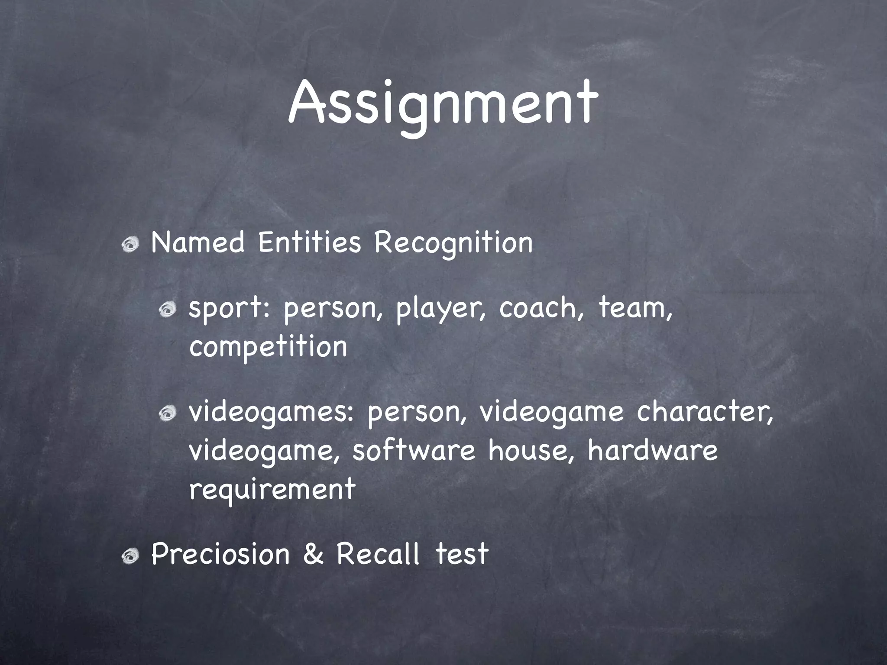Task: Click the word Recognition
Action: click(x=453, y=244)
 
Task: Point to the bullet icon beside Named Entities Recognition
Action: click(x=129, y=246)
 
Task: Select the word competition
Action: click(x=268, y=347)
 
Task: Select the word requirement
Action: click(x=272, y=489)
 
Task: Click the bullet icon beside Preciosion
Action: click(x=129, y=557)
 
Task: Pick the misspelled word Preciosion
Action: click(x=220, y=554)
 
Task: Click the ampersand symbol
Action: click(x=313, y=555)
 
